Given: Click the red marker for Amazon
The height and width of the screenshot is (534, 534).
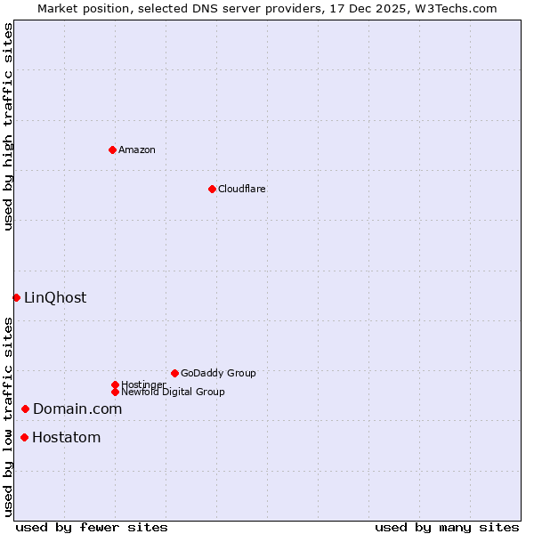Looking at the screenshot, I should pyautogui.click(x=112, y=150).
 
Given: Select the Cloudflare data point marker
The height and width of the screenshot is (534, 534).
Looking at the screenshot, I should pyautogui.click(x=212, y=189).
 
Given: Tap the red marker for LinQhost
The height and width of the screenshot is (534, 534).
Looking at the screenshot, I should pyautogui.click(x=16, y=297).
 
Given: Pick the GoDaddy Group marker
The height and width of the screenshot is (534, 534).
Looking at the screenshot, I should pyautogui.click(x=174, y=373).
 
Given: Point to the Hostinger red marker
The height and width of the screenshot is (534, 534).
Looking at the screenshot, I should pyautogui.click(x=115, y=384).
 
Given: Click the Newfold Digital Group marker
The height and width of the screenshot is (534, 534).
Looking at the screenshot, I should pyautogui.click(x=115, y=392).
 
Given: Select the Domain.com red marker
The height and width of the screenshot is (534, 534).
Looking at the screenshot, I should pyautogui.click(x=25, y=409).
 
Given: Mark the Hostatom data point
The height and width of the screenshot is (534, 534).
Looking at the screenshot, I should pyautogui.click(x=24, y=437).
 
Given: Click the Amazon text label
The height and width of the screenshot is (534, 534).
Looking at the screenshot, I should pyautogui.click(x=137, y=150).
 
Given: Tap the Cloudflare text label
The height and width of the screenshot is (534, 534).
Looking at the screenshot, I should pyautogui.click(x=242, y=189).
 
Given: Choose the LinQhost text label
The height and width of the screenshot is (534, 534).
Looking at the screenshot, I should pyautogui.click(x=55, y=297).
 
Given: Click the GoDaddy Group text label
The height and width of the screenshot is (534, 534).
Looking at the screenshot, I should pyautogui.click(x=218, y=373).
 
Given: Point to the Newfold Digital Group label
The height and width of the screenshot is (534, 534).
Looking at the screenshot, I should pyautogui.click(x=173, y=392).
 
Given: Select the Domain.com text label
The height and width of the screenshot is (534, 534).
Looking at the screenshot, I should pyautogui.click(x=77, y=409).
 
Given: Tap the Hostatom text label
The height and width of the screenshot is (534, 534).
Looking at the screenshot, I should pyautogui.click(x=66, y=437).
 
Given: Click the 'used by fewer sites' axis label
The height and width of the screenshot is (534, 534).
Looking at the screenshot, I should pyautogui.click(x=92, y=527).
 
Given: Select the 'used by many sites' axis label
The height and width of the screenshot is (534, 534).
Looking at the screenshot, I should pyautogui.click(x=447, y=527).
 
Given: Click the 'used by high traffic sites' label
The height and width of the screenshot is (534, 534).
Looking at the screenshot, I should pyautogui.click(x=8, y=126).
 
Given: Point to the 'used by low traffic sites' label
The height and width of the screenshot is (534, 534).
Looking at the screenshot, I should pyautogui.click(x=8, y=416).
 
